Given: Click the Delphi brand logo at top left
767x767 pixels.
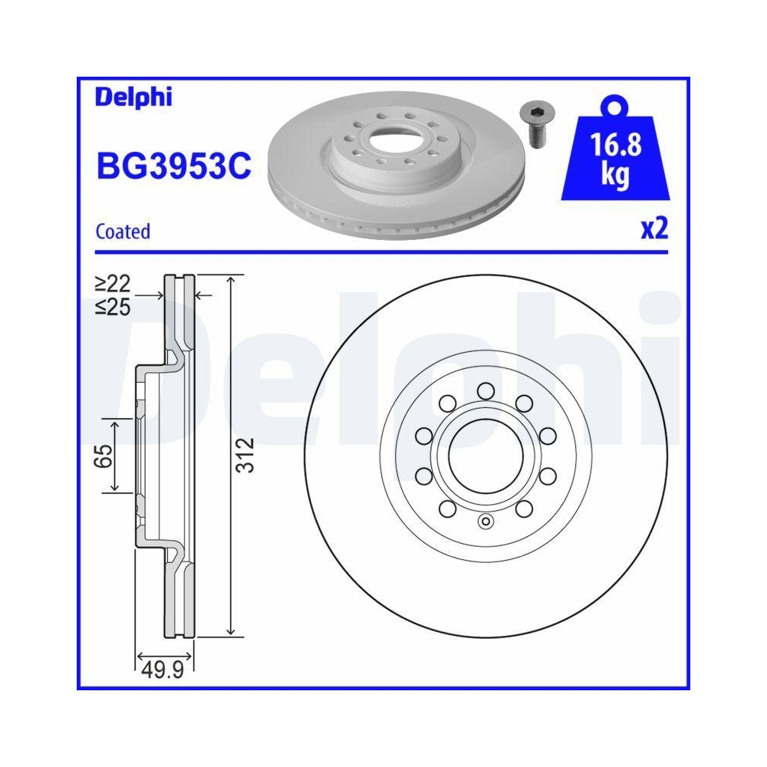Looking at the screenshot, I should coord(133,97).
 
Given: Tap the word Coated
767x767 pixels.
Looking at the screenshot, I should coord(123,231).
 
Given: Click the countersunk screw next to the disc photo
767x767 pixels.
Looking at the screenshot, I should coord(535,123).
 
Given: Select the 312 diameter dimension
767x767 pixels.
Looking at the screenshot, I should coord(243,455).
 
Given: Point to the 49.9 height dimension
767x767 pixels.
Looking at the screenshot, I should coord(164,672).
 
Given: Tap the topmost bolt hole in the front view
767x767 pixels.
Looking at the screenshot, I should coord(484,392).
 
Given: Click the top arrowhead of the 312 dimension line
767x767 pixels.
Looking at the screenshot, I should coord(230,278).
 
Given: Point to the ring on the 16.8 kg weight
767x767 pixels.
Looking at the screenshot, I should coord(614,105).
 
